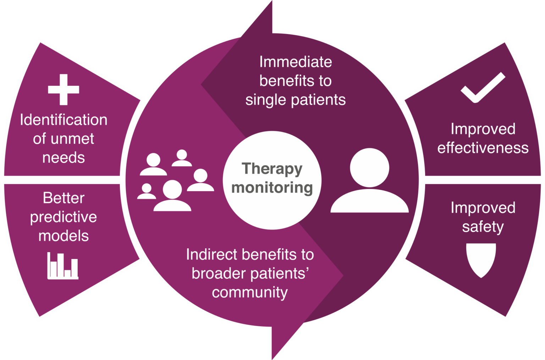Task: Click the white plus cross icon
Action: (x=64, y=89)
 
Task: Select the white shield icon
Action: (x=481, y=260)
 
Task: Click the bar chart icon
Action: (x=63, y=266)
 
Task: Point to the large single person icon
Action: (x=369, y=180)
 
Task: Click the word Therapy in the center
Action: (x=272, y=169)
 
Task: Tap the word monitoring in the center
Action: (x=272, y=188)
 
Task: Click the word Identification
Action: (x=64, y=120)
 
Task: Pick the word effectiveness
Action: (x=483, y=148)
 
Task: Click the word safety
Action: (x=483, y=227)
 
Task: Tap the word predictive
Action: (x=64, y=217)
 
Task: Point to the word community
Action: (x=250, y=293)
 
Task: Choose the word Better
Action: (x=64, y=198)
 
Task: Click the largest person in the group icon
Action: (x=172, y=195)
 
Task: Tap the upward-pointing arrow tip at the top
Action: (x=272, y=1)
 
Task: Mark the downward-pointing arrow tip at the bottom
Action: (x=272, y=359)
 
